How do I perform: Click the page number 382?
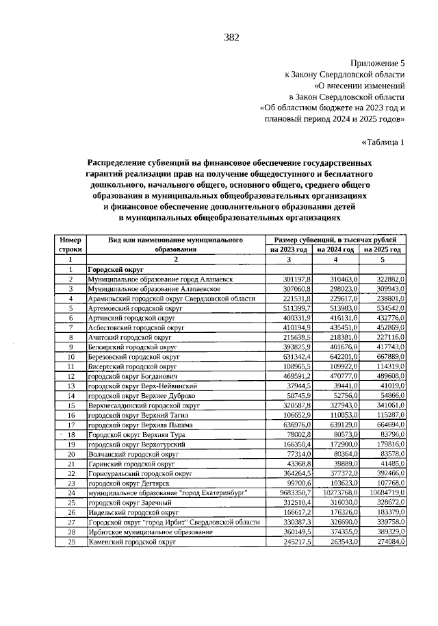(x=231, y=37)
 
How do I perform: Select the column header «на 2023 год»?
(x=288, y=250)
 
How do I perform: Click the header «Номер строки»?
(x=70, y=245)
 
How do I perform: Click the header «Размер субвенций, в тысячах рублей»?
(x=335, y=240)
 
